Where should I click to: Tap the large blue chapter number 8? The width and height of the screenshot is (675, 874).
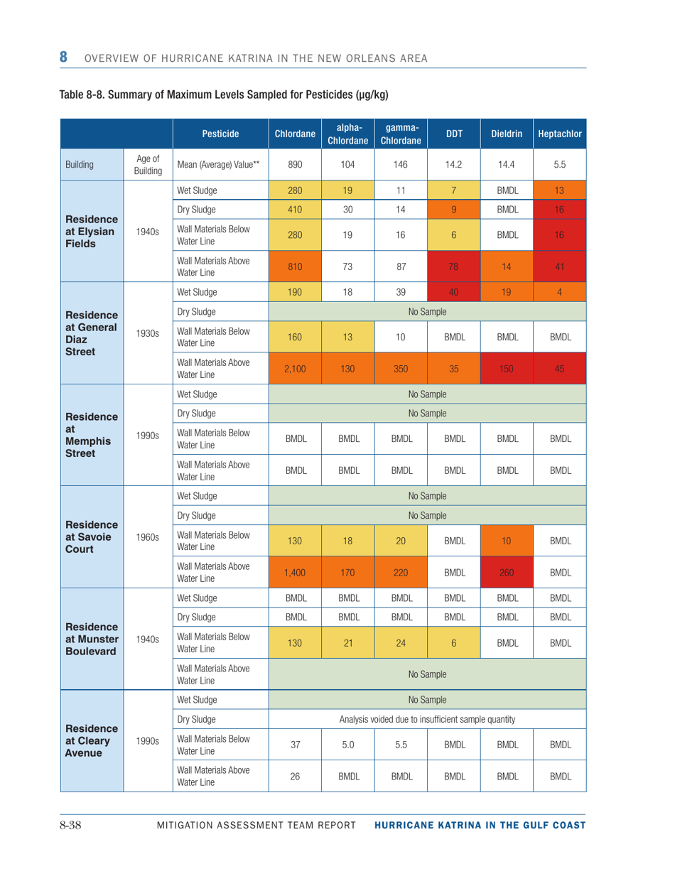pyautogui.click(x=64, y=55)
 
